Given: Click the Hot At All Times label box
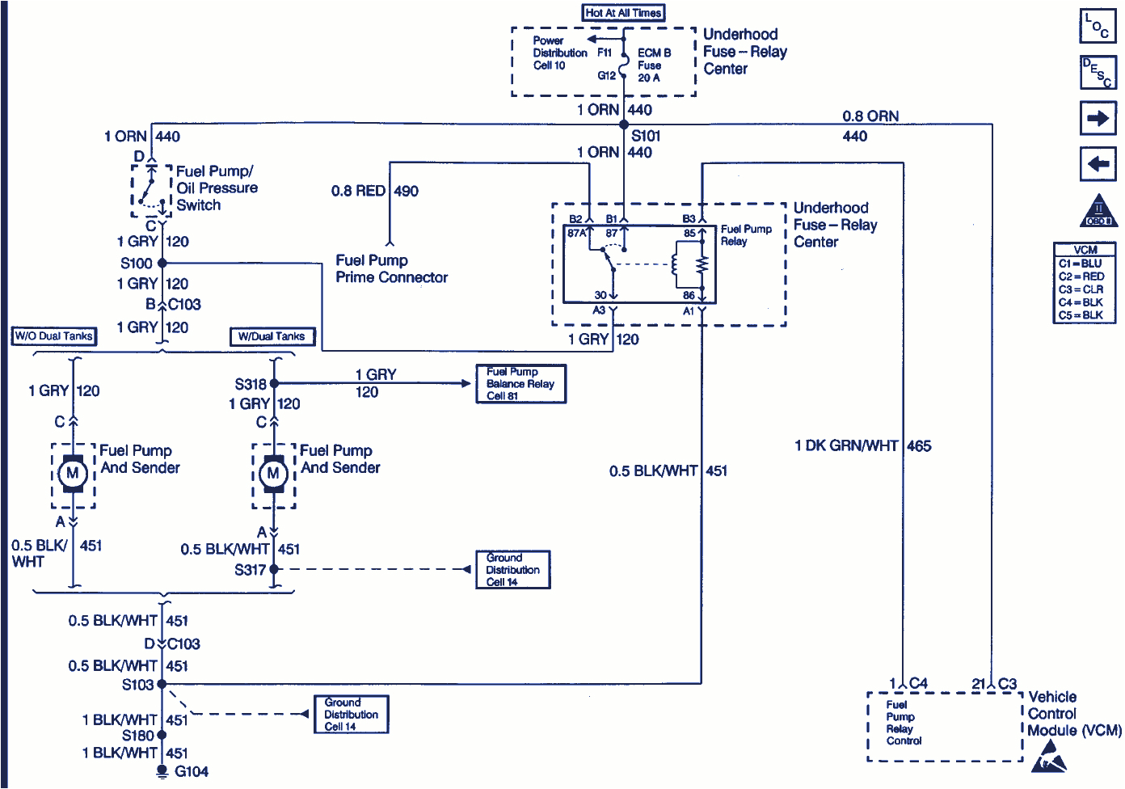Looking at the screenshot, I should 623,13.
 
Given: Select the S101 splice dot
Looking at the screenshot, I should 623,124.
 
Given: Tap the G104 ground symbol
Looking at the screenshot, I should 162,771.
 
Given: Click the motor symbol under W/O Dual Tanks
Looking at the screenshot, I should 73,473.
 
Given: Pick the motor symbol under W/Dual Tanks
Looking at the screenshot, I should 273,473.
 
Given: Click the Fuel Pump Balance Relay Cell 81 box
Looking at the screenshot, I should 520,384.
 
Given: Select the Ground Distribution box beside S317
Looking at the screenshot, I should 512,570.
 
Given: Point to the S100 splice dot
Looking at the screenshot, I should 162,263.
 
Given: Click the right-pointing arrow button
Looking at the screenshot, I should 1098,119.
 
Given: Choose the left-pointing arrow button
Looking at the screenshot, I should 1098,164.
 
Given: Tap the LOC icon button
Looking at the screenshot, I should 1098,26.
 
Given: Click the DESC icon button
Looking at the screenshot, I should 1098,72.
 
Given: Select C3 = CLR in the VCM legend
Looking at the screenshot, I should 1081,289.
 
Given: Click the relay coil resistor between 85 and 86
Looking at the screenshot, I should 702,264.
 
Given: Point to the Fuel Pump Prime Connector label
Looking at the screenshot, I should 391,269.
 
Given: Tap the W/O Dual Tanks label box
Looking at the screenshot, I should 54,336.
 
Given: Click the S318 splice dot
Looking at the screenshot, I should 274,383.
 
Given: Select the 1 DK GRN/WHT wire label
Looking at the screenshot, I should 846,445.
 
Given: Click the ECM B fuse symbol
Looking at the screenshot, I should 623,62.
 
